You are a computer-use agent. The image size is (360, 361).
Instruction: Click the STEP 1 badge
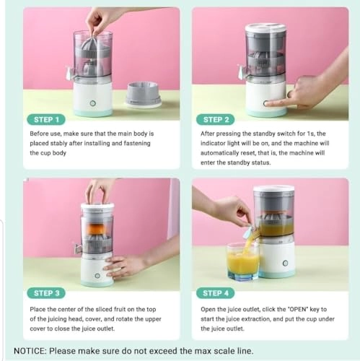click(x=46, y=120)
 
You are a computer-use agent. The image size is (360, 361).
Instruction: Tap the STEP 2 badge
click(x=216, y=120)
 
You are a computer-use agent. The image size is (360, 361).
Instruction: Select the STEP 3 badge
click(x=46, y=293)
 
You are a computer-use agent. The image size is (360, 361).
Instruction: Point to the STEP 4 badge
click(x=216, y=293)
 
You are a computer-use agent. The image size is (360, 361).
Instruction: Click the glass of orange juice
click(x=243, y=261)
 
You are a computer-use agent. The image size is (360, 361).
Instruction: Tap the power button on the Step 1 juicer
click(x=93, y=103)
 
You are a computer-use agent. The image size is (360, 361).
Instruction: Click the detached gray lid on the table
click(x=144, y=95)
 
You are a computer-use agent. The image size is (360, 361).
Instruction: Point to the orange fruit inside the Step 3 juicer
click(x=97, y=229)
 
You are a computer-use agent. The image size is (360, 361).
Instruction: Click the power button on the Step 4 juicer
click(x=285, y=263)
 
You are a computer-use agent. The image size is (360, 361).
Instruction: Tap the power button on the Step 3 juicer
click(x=97, y=276)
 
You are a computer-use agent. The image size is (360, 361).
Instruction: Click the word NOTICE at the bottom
click(x=30, y=351)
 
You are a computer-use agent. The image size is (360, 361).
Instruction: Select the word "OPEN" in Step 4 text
click(x=298, y=309)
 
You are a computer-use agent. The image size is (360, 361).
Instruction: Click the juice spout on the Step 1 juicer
click(x=70, y=71)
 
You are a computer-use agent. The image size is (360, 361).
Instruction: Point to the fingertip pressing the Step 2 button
click(x=267, y=104)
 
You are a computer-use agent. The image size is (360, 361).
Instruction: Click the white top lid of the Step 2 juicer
click(x=266, y=28)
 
